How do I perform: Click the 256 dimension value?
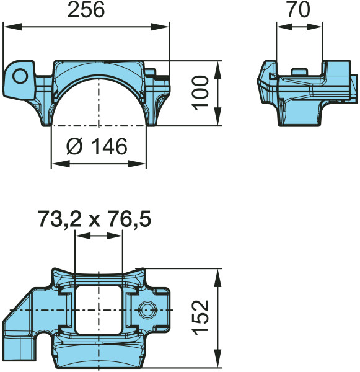click(x=86, y=11)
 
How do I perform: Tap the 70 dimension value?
click(x=299, y=10)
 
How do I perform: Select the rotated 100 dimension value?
click(x=201, y=93)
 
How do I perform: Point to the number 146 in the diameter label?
click(x=109, y=146)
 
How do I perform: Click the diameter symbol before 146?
click(x=75, y=146)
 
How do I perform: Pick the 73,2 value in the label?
click(x=59, y=219)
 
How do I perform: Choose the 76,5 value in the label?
click(x=130, y=219)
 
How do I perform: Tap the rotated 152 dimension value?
click(x=201, y=318)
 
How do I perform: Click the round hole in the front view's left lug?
click(x=20, y=76)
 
